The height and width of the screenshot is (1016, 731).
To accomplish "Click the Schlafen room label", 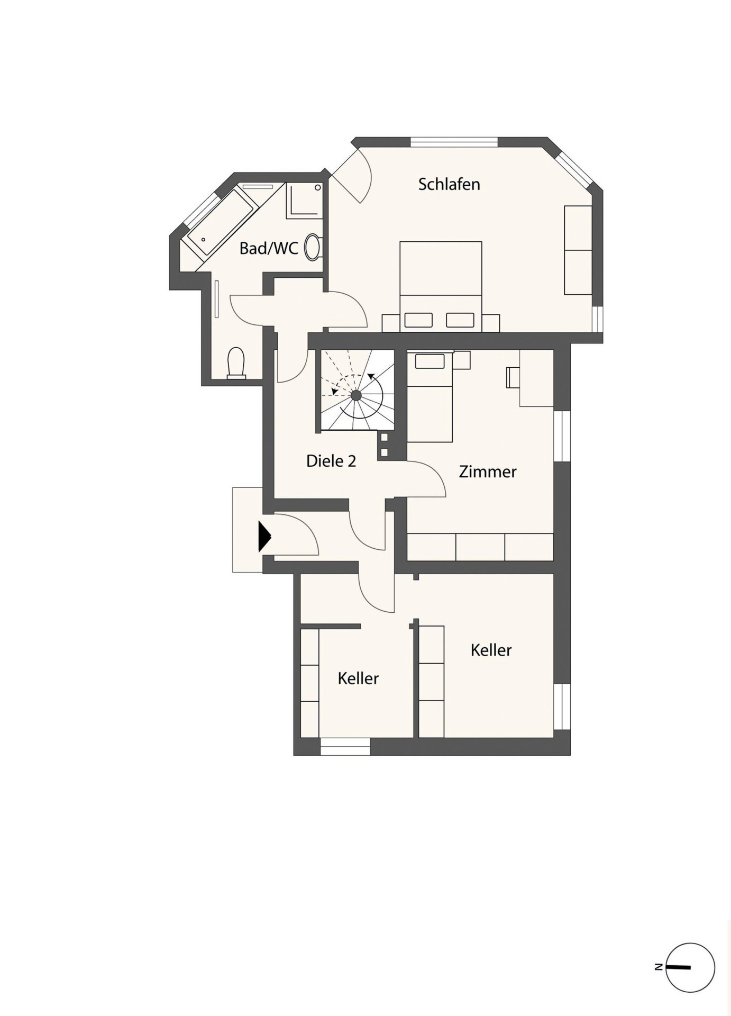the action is (x=449, y=184).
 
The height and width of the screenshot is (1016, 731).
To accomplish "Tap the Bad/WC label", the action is (x=269, y=248).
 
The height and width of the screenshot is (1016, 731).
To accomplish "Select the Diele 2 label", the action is (x=331, y=461).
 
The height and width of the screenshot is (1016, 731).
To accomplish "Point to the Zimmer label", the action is (x=488, y=471).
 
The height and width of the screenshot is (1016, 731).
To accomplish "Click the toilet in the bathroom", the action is (x=236, y=362).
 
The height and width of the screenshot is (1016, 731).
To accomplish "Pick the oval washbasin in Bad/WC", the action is (x=313, y=247).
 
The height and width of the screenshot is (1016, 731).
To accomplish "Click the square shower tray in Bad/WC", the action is (x=305, y=201).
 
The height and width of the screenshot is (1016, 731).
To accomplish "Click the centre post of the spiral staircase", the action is (x=356, y=395).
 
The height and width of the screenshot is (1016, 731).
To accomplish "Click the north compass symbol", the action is (x=690, y=967).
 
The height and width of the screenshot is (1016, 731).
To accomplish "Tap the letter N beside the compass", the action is (x=659, y=967).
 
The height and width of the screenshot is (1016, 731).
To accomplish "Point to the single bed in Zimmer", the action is (x=430, y=396).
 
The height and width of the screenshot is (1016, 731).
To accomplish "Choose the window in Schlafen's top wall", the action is (x=454, y=142).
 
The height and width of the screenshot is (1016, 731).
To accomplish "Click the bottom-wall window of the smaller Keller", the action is (x=345, y=746).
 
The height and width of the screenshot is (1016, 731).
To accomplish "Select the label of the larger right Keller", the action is (x=491, y=650).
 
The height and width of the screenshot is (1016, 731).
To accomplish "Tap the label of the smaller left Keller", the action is (x=358, y=678).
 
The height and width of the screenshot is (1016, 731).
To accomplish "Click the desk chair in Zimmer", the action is (x=511, y=378).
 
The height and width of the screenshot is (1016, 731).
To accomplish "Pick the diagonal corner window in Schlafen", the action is (x=573, y=165).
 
